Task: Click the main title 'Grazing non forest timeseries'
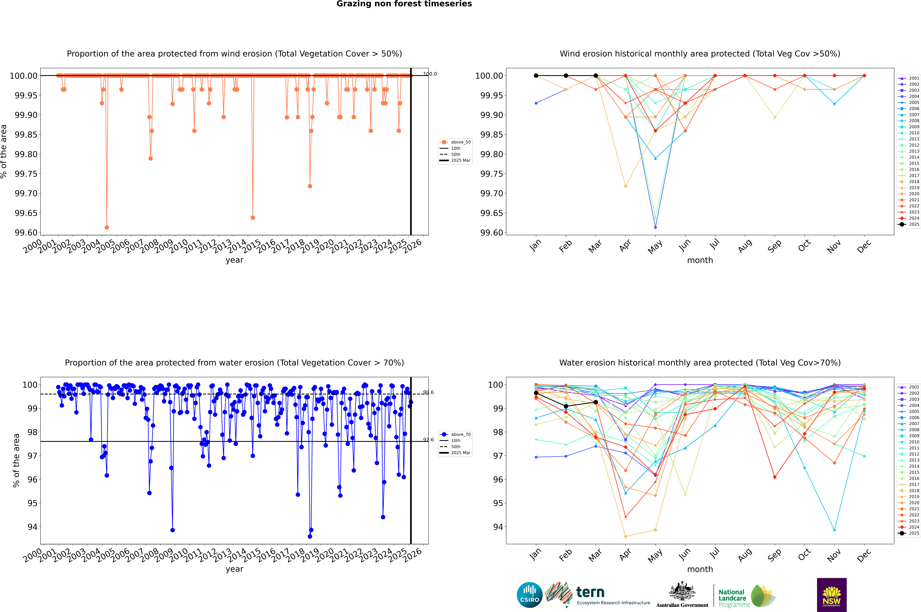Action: [404, 4]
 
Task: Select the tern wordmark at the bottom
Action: [590, 593]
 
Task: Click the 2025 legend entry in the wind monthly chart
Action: [909, 224]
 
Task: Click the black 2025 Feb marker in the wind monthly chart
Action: [566, 76]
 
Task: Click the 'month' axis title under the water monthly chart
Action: [700, 569]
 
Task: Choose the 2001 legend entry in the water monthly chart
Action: [909, 387]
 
